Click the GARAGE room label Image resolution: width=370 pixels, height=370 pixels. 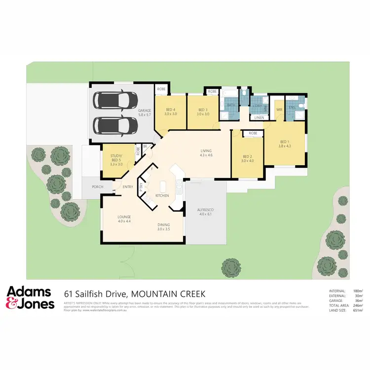point(144,111)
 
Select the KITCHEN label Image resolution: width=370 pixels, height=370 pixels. point(162,195)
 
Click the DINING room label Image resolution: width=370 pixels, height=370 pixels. point(164,224)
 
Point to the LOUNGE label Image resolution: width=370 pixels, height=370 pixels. point(123,217)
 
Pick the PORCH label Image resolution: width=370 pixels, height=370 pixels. point(97,186)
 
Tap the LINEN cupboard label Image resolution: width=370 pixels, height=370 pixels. point(259,117)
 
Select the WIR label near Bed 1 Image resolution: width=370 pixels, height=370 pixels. point(279,110)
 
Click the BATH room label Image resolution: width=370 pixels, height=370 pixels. point(231,106)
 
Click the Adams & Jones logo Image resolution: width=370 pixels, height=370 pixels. point(31,298)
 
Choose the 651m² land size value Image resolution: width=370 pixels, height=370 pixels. point(358,309)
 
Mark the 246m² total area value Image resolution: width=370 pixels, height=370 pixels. point(358,305)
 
